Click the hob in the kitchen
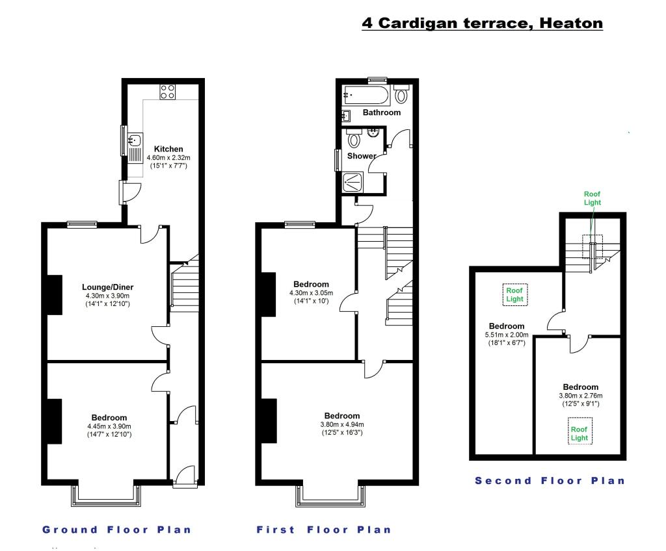[x=167, y=92]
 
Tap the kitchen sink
[x=135, y=147]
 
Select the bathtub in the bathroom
[x=366, y=96]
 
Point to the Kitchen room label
[x=168, y=149]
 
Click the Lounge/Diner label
[x=108, y=287]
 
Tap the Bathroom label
[x=382, y=112]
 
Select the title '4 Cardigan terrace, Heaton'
[x=482, y=23]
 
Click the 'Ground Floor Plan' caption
[x=117, y=530]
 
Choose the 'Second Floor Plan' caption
[x=550, y=481]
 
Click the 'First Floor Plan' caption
[x=324, y=530]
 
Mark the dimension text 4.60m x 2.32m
[x=168, y=157]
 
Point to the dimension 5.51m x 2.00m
[x=507, y=335]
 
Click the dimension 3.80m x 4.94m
[x=342, y=424]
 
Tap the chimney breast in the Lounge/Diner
[x=55, y=295]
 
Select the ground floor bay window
[x=106, y=494]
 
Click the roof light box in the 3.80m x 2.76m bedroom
[x=579, y=431]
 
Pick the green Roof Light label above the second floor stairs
[x=592, y=198]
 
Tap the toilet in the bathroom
[x=401, y=94]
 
